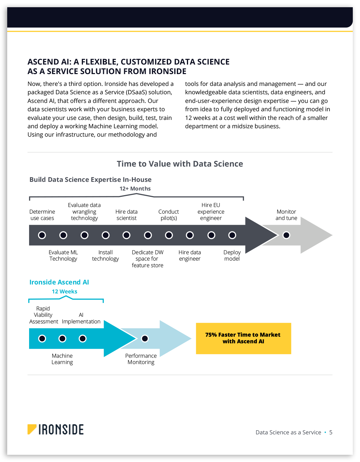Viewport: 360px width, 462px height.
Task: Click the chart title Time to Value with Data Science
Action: click(180, 164)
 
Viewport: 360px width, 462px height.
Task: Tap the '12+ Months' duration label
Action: click(135, 189)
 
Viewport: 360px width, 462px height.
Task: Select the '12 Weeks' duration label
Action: click(65, 292)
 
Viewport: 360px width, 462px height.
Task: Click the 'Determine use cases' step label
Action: click(42, 215)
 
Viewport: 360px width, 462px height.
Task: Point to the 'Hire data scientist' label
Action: click(126, 215)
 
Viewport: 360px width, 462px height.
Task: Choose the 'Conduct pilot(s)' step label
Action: click(168, 215)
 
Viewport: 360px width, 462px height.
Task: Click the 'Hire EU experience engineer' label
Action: click(211, 212)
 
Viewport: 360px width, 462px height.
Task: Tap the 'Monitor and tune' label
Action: click(286, 215)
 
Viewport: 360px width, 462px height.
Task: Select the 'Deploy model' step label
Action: click(232, 256)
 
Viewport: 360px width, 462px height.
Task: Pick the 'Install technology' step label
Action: click(105, 256)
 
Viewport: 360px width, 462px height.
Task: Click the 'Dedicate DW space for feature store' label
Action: click(147, 259)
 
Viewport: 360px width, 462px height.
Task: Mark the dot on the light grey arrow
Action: click(286, 235)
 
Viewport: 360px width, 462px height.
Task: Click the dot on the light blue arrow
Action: click(145, 338)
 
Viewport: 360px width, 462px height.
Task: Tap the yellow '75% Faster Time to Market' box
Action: click(243, 338)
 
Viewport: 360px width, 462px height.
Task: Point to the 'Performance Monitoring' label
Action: click(141, 359)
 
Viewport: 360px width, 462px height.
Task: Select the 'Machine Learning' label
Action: click(62, 359)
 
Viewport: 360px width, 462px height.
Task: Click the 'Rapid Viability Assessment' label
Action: click(43, 315)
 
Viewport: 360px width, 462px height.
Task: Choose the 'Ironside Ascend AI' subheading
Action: click(59, 282)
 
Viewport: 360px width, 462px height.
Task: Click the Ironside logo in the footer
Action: click(56, 429)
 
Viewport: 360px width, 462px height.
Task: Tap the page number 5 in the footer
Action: click(331, 433)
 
